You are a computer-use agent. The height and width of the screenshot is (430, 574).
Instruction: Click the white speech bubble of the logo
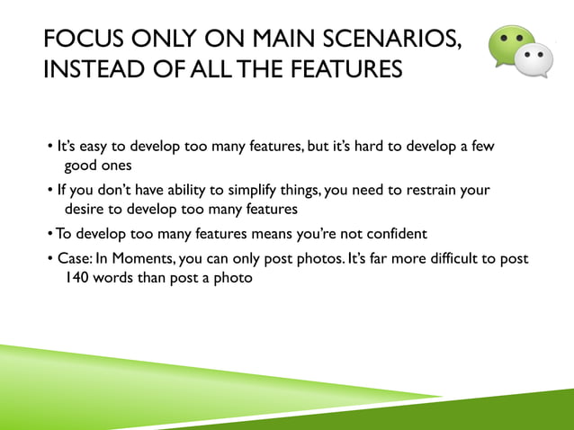point(537,62)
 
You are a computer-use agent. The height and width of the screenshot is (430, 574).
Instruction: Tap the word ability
point(193,190)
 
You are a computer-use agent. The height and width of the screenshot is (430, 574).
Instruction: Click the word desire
point(85,210)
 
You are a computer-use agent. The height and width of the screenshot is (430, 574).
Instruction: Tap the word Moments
point(144,258)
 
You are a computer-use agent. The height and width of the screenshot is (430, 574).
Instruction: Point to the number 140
point(78,278)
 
